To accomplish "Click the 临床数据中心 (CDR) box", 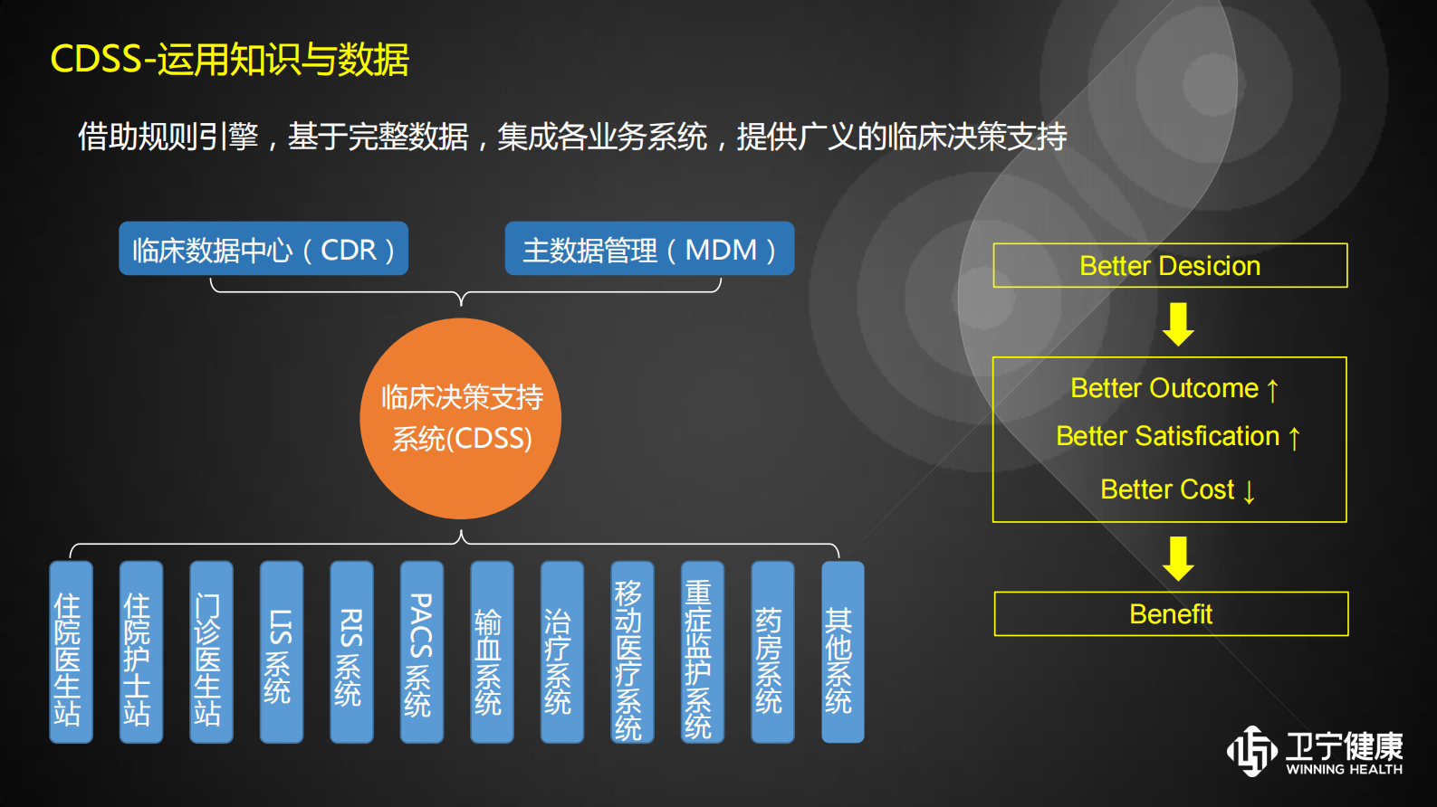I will point(263,249).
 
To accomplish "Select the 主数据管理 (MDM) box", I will point(649,249).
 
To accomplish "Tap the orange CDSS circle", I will point(461,418).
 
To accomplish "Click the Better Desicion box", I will point(1170,266).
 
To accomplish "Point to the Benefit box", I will point(1171,614).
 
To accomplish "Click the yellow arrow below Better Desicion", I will point(1178,325).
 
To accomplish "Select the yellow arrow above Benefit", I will point(1178,558).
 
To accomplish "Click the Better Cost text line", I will point(1177,489).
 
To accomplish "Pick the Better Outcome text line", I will point(1174,388).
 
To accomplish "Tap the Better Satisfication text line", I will point(1177,436).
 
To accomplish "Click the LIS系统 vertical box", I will point(281,652).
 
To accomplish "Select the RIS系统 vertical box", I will point(351,652).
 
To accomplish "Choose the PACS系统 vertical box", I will point(421,652).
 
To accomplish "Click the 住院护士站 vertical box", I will point(140,652).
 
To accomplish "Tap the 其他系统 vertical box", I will point(842,652).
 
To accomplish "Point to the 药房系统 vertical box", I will point(772,652).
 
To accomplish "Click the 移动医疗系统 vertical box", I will point(632,652).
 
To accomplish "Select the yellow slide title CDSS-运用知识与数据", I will point(230,60).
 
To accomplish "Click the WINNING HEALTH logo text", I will point(1344,770).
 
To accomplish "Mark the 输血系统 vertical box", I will point(492,652).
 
